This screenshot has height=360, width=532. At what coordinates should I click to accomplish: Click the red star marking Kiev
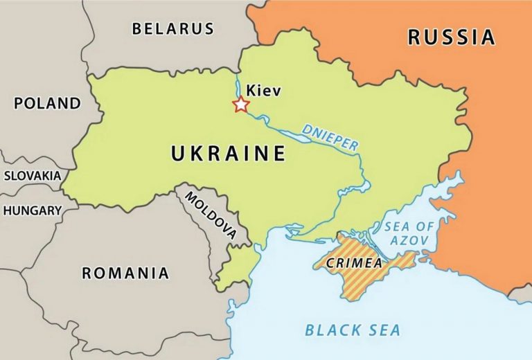[240, 105]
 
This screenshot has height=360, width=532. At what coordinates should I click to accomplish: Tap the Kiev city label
[264, 90]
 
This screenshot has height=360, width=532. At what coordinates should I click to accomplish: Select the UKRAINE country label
[229, 153]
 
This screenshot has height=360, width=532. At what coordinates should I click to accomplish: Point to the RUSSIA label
[452, 37]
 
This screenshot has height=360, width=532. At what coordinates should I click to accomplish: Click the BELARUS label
[173, 29]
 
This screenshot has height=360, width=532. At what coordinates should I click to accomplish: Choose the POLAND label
[47, 104]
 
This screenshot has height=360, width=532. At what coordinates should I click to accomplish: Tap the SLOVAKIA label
[33, 176]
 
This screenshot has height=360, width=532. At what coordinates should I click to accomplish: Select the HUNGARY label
[33, 210]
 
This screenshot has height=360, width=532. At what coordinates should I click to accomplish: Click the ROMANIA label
[125, 273]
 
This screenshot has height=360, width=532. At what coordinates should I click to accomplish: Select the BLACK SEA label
[353, 330]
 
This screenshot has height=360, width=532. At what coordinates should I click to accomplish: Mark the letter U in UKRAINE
[179, 153]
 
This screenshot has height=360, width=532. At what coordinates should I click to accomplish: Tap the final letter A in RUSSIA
[488, 37]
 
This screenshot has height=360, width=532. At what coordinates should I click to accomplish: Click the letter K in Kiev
[251, 90]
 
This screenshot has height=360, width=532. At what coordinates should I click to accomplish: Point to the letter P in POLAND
[19, 104]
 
